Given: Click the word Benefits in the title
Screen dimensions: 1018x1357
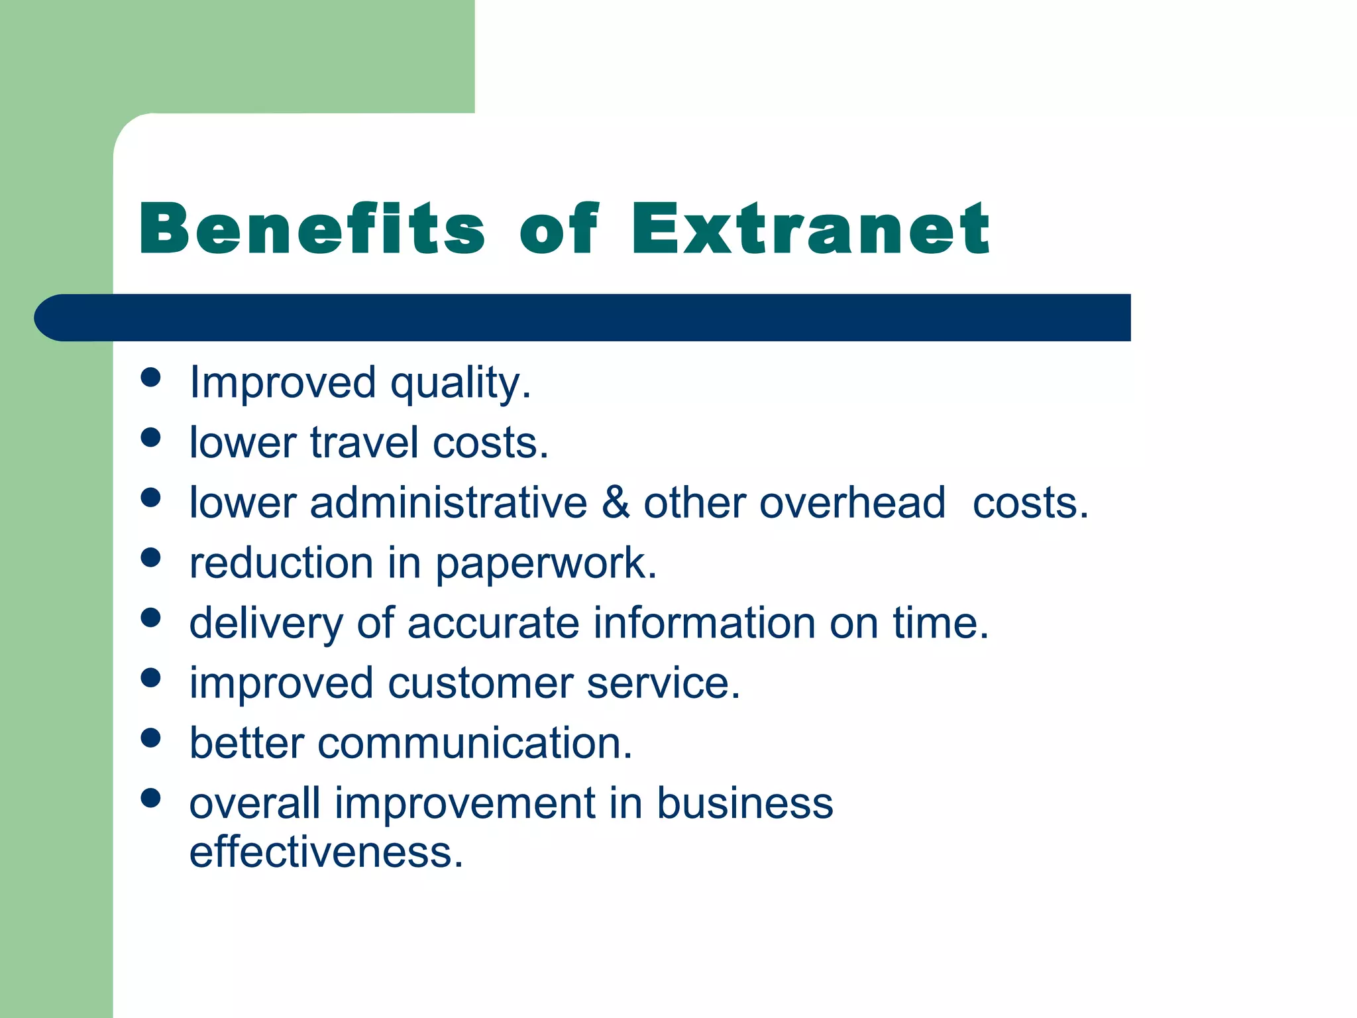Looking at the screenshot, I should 311,229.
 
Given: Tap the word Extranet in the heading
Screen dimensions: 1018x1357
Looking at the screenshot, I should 810,229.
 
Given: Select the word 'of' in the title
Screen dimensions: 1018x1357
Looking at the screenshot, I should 559,229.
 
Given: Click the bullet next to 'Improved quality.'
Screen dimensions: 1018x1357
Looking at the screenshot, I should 151,377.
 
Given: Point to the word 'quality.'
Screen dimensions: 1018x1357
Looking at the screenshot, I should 461,384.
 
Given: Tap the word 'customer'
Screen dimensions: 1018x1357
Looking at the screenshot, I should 480,683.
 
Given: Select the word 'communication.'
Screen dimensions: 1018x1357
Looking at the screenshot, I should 474,743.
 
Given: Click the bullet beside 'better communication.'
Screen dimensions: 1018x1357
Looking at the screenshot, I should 151,738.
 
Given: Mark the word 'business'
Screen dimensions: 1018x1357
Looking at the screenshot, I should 745,803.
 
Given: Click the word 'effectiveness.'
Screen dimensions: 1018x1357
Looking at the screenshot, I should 326,852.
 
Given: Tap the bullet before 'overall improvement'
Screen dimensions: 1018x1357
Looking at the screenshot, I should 151,797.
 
